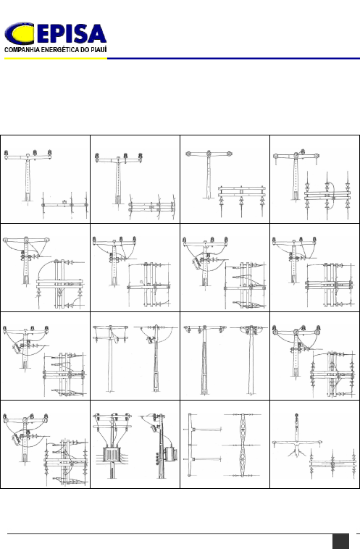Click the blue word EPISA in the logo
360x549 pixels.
(x=70, y=34)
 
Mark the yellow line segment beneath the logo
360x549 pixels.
(x=56, y=59)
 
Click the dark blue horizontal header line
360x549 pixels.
(x=233, y=59)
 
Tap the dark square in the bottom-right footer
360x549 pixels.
(x=340, y=541)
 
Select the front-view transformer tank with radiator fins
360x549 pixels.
(x=112, y=455)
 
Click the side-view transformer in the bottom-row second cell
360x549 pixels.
(x=170, y=454)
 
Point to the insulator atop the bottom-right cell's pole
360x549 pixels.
(x=296, y=417)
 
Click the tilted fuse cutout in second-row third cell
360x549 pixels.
(x=196, y=262)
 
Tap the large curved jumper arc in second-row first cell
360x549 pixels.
(x=46, y=269)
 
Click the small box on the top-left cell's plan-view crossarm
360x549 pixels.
(x=64, y=202)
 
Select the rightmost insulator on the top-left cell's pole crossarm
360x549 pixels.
(x=49, y=153)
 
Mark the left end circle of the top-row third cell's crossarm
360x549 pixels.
(x=188, y=154)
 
